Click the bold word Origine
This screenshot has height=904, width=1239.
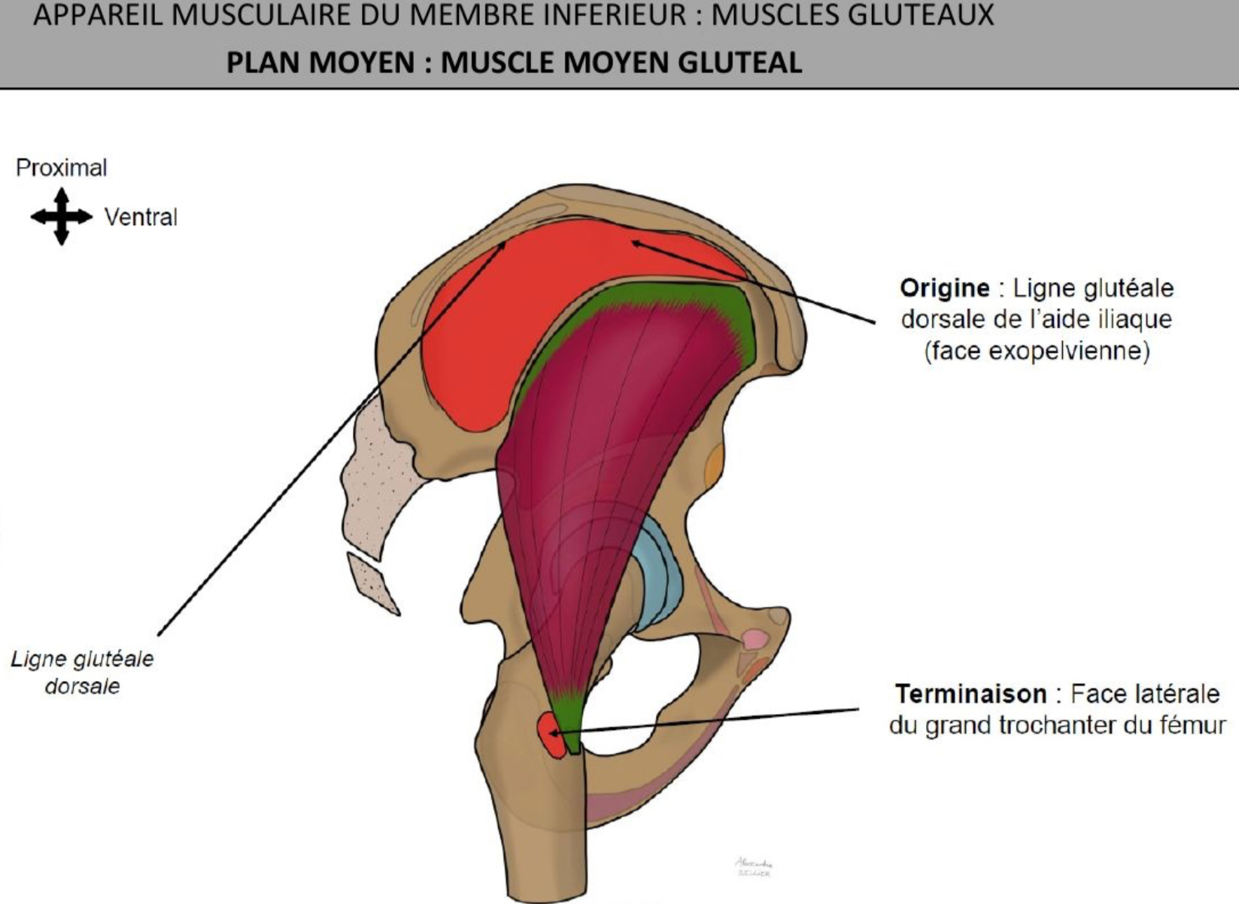click(x=944, y=288)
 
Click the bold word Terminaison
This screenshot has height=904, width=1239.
click(x=970, y=694)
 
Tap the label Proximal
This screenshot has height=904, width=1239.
click(x=61, y=168)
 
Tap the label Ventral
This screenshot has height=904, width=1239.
click(x=140, y=217)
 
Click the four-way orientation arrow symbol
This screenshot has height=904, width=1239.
click(x=61, y=216)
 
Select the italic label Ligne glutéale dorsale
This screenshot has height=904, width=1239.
click(x=82, y=672)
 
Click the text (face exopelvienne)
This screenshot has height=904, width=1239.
click(x=1036, y=350)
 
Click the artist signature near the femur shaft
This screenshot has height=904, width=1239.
click(x=753, y=867)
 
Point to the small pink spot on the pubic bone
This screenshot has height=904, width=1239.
click(x=755, y=639)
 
